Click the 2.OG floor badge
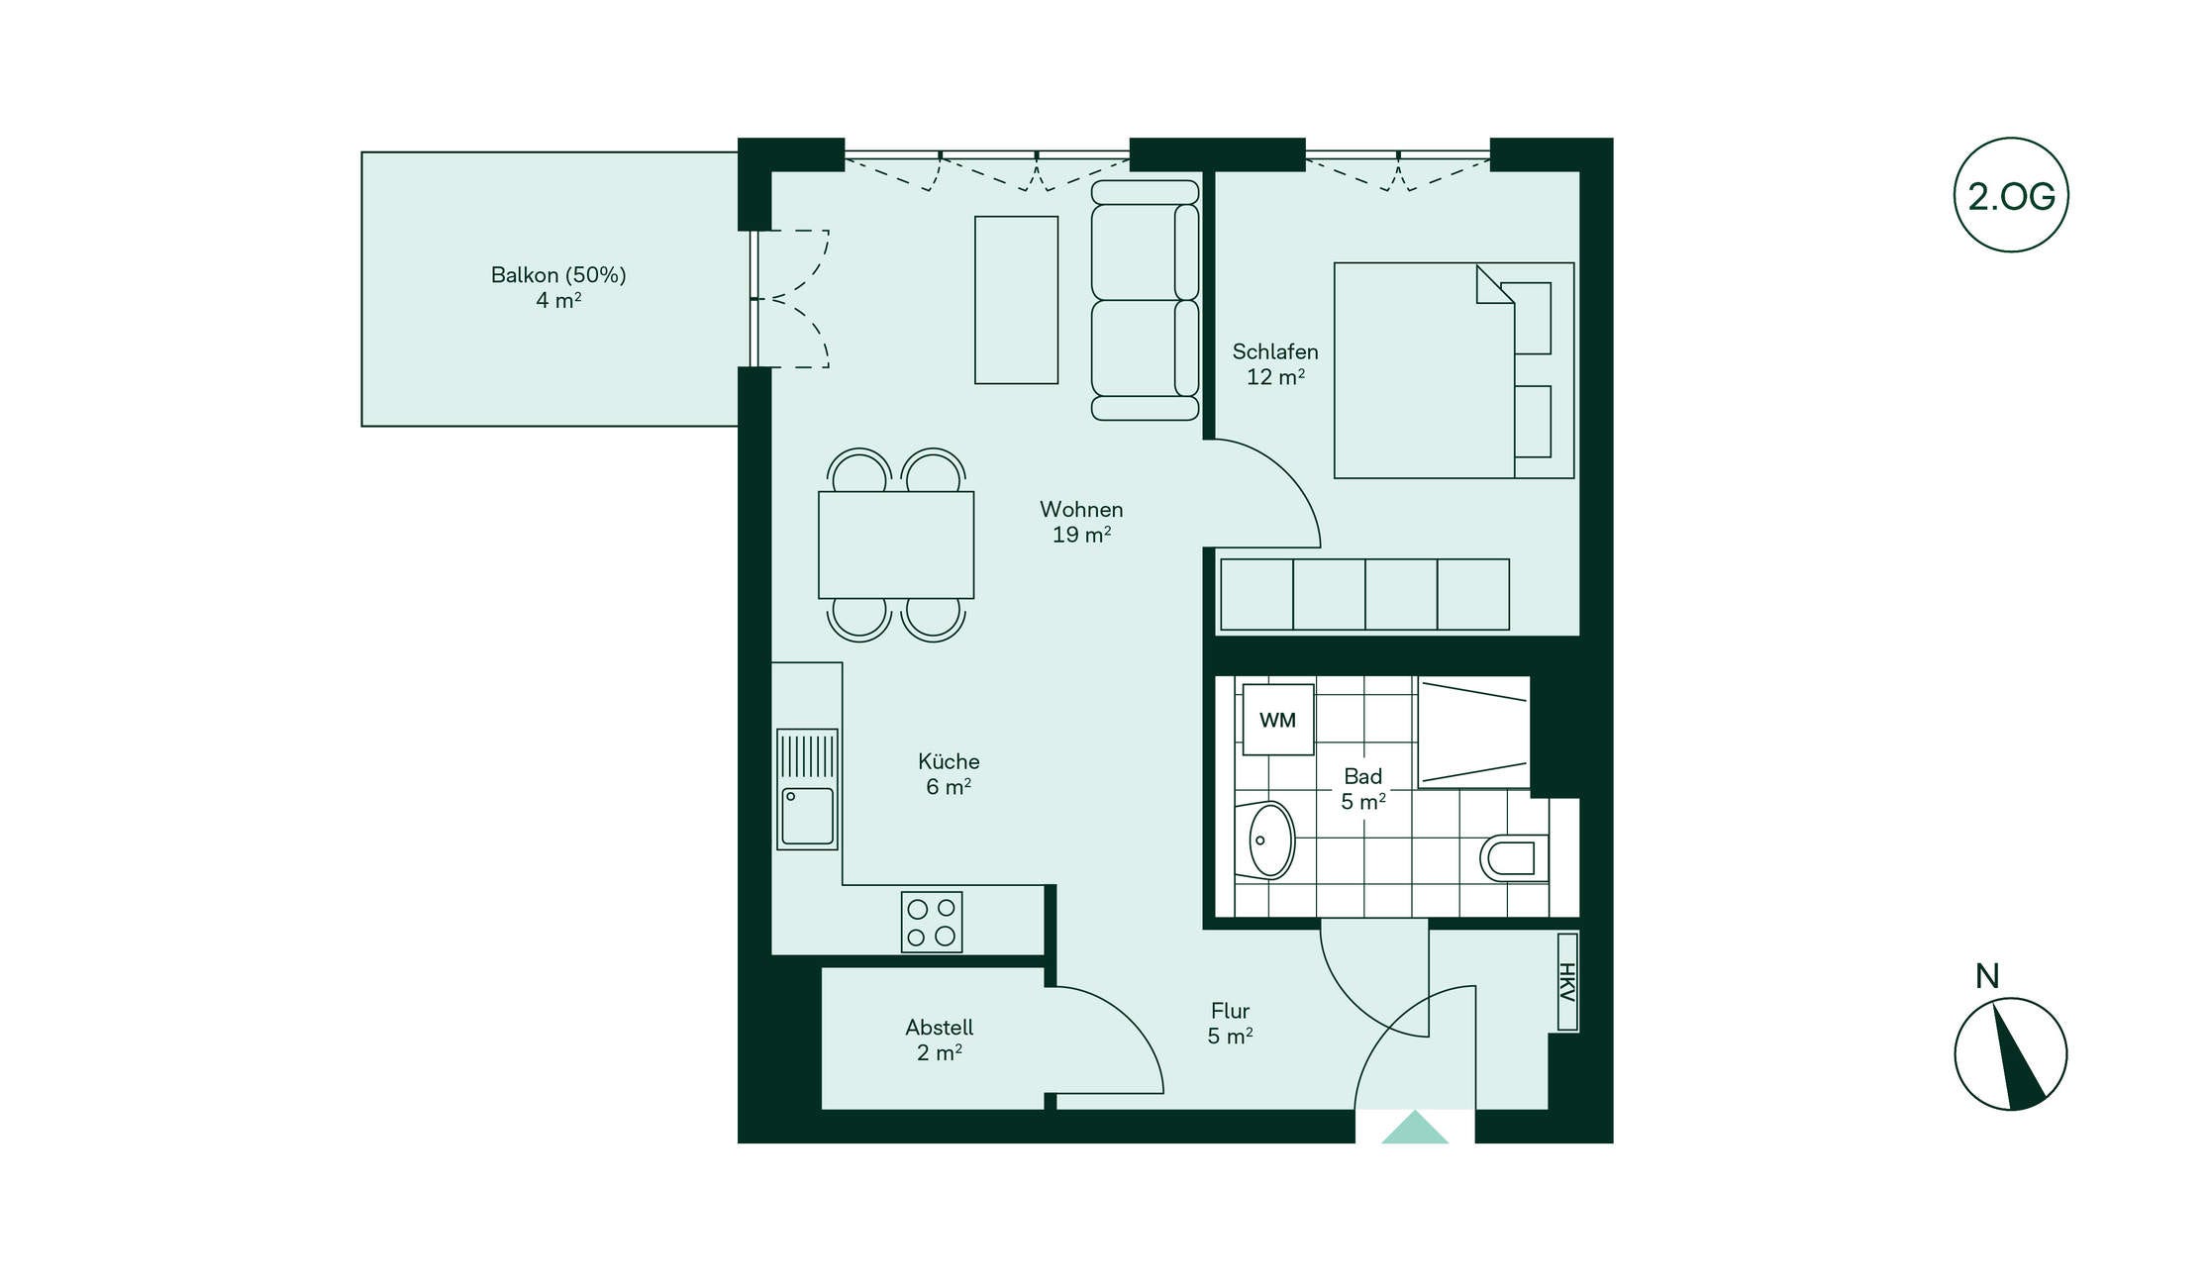click(x=2011, y=195)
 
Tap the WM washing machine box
click(x=1278, y=720)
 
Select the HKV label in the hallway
click(x=1567, y=982)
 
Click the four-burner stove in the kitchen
click(x=932, y=923)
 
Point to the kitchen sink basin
click(x=808, y=816)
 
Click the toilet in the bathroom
click(x=1514, y=858)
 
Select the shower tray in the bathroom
click(x=1474, y=733)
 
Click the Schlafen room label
click(x=1275, y=351)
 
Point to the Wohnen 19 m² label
click(x=1081, y=522)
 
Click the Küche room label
click(x=949, y=761)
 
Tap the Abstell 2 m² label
click(x=940, y=1039)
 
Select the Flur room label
click(x=1230, y=1011)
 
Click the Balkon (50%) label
click(x=558, y=275)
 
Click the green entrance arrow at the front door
click(x=1415, y=1128)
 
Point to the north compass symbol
click(x=2010, y=1053)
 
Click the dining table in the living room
click(x=896, y=545)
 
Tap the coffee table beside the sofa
click(x=1017, y=300)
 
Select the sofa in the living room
click(x=1146, y=300)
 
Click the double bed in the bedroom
click(x=1454, y=370)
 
